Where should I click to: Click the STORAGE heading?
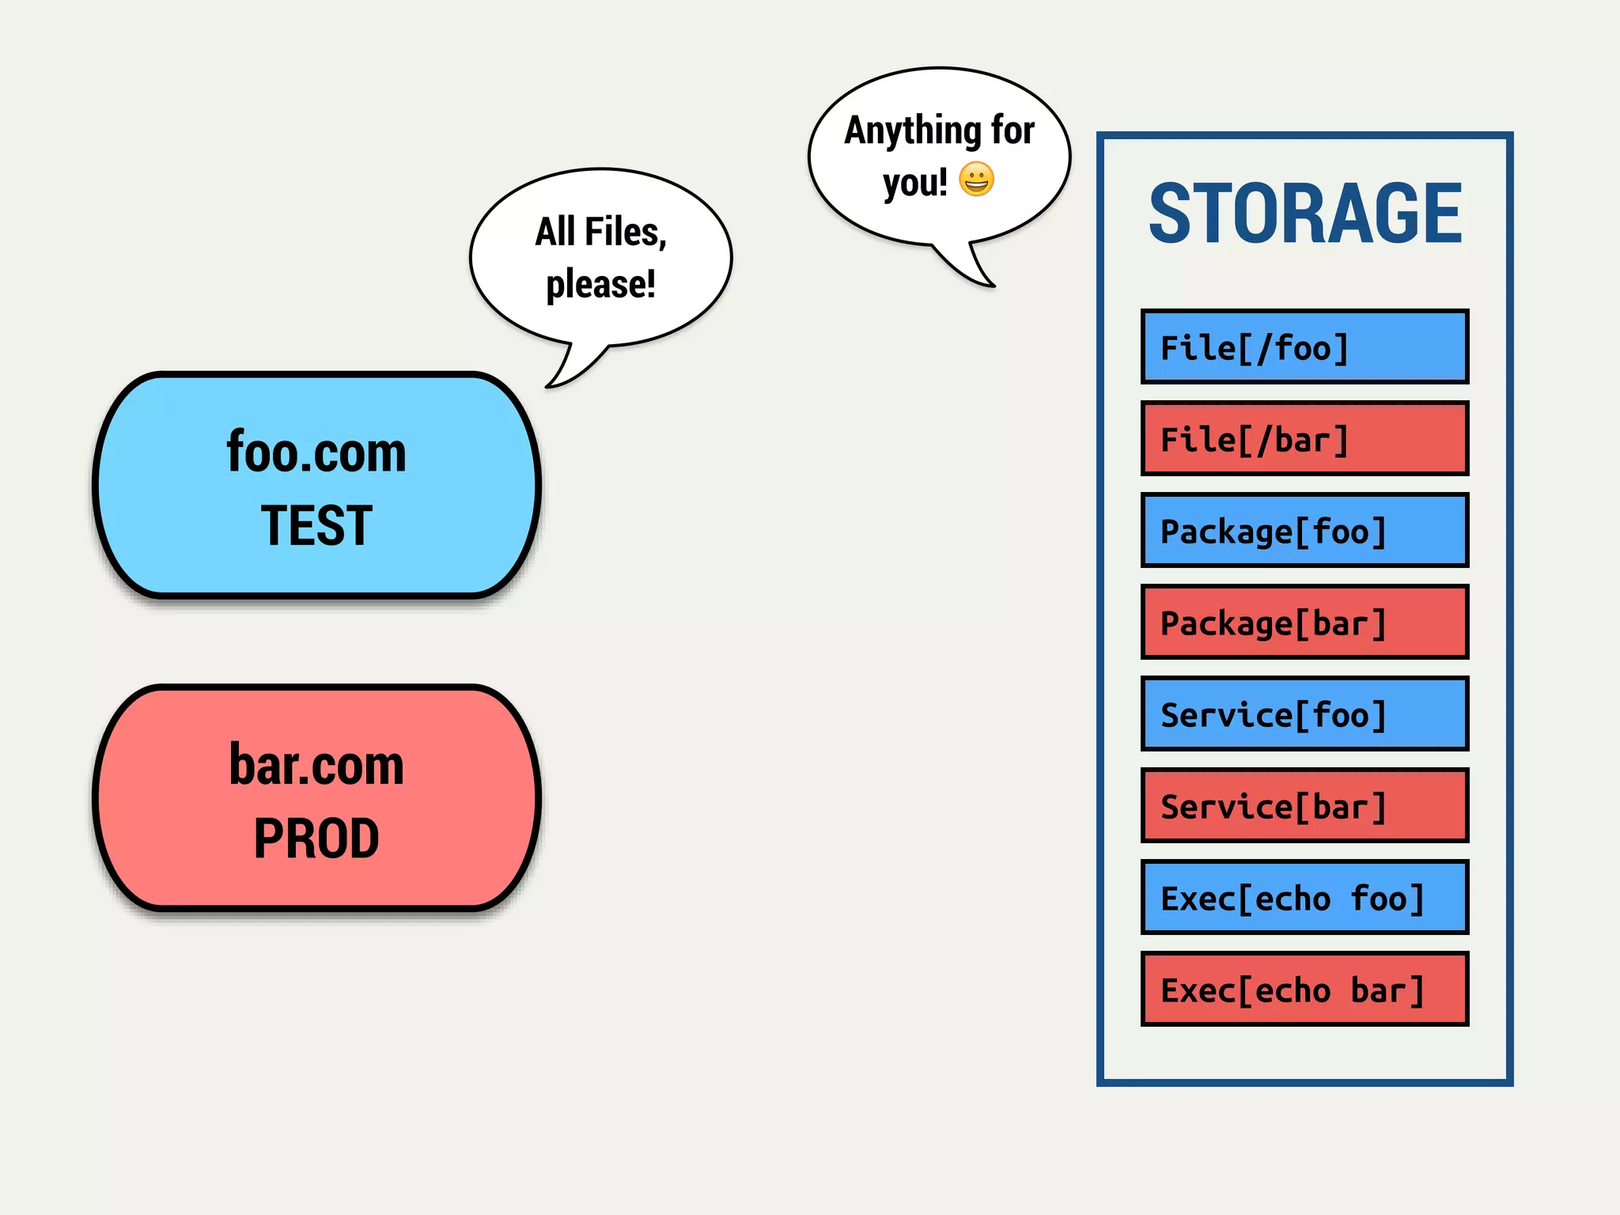coord(1304,214)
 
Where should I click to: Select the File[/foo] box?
coord(1304,347)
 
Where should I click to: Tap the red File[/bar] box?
coord(1304,439)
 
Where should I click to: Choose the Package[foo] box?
coord(1304,531)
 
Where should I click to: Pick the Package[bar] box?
coord(1304,623)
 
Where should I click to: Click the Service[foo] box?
coord(1304,714)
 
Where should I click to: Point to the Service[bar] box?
coord(1304,806)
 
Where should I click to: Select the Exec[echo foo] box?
coord(1304,898)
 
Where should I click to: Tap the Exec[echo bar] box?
coord(1304,990)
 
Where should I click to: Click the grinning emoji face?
coord(976,180)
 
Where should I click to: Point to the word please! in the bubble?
coord(600,284)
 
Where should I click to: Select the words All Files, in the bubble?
coord(600,233)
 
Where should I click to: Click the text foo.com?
coord(316,452)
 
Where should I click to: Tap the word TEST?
coord(316,525)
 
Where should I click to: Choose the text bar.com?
coord(316,766)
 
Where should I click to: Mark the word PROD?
coord(316,838)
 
